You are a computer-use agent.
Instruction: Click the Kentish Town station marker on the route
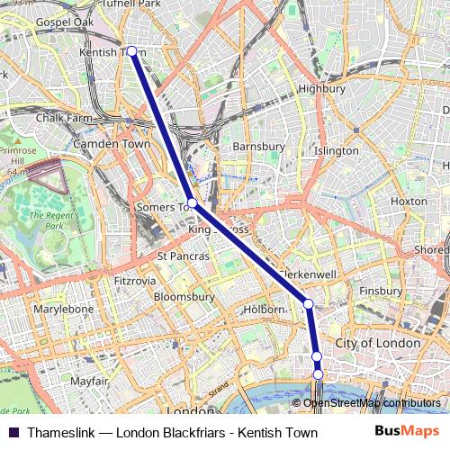pos(132,51)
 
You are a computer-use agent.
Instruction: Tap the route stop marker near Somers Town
pos(192,203)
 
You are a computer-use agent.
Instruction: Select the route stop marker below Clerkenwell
pos(309,303)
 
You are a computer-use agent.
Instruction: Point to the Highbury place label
pos(321,89)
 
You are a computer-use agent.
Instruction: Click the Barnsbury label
pos(258,145)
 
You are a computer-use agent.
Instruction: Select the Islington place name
pos(336,151)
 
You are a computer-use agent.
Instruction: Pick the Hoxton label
pos(409,201)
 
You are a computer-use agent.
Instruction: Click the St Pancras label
pos(183,256)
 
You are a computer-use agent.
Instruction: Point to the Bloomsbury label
pos(184,295)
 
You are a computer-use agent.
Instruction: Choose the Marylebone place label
pos(63,309)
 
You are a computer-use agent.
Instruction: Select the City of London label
pos(377,343)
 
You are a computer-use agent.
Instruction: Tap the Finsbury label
pos(380,292)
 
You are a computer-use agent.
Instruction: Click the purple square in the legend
pos(13,433)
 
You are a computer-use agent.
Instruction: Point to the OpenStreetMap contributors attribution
pos(371,403)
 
